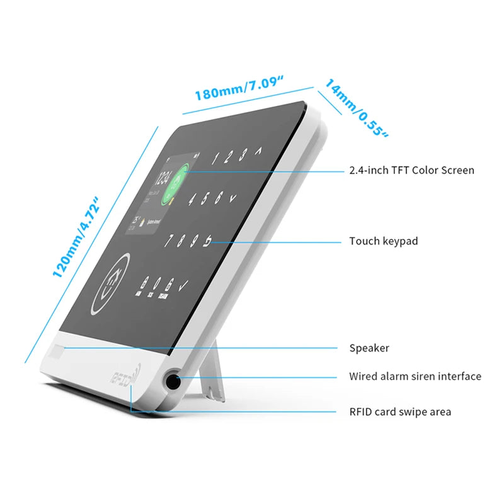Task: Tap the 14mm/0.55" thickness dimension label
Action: pyautogui.click(x=356, y=107)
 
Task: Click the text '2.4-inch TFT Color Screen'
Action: pyautogui.click(x=411, y=170)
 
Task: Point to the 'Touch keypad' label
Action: pyautogui.click(x=383, y=241)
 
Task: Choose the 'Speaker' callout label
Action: pyautogui.click(x=369, y=348)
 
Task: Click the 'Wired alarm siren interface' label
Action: pyautogui.click(x=415, y=377)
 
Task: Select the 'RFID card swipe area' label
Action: pyautogui.click(x=400, y=412)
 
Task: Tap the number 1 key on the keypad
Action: pyautogui.click(x=214, y=159)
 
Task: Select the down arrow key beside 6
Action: pyautogui.click(x=232, y=198)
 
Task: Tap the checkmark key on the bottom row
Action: pyautogui.click(x=183, y=287)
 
